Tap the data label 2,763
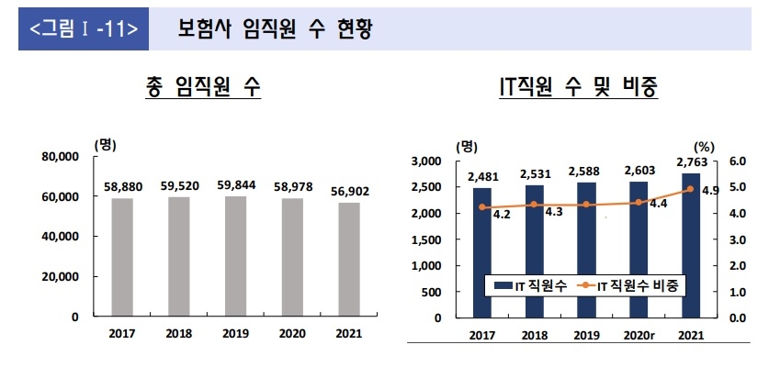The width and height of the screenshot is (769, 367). [690, 161]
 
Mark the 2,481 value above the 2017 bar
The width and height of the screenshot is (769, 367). [482, 177]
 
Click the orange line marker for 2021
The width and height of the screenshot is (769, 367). [690, 189]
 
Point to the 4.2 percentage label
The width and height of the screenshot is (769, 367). [502, 214]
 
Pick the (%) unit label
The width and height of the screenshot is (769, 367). [705, 145]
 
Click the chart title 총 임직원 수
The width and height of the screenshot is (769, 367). [203, 87]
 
